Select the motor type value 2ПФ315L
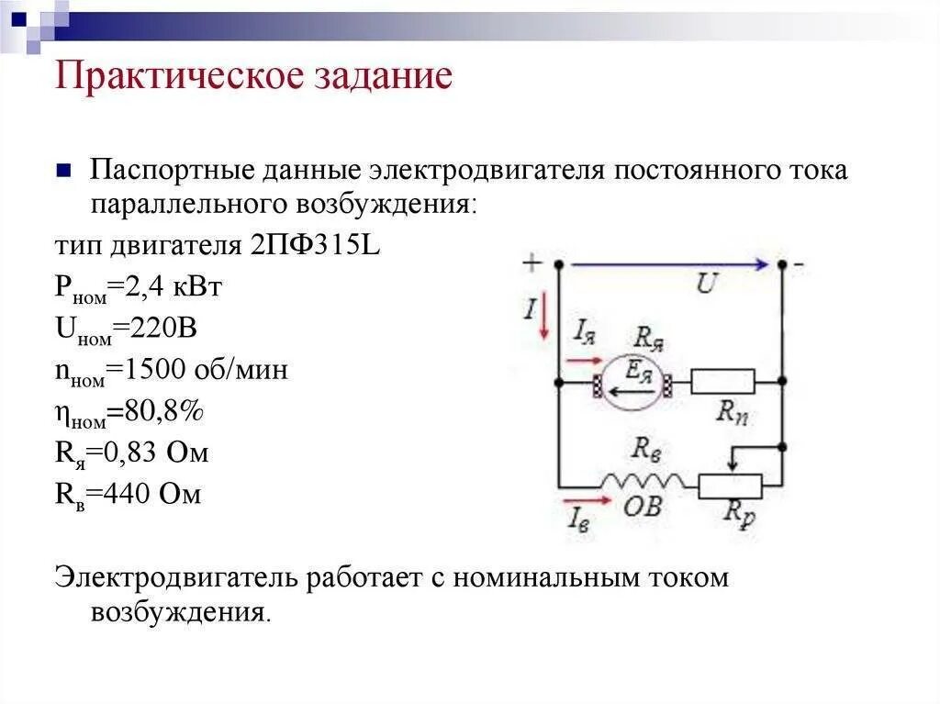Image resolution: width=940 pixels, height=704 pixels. (312, 247)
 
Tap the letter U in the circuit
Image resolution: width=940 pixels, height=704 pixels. (705, 285)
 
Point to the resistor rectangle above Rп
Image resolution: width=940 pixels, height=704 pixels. (722, 381)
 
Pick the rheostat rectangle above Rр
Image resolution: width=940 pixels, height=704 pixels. (731, 486)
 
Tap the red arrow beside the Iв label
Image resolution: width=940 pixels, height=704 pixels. (589, 501)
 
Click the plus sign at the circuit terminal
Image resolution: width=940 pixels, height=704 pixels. (532, 263)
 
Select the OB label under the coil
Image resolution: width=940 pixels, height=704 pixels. (643, 507)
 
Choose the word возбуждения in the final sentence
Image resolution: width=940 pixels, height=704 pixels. (179, 612)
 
